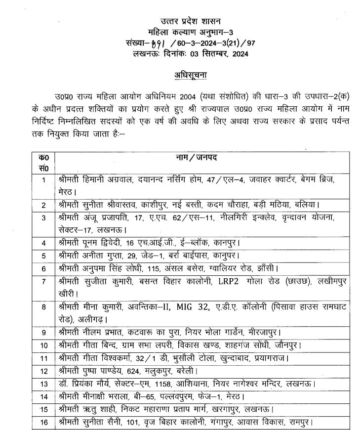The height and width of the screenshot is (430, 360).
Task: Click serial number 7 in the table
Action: (44, 282)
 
